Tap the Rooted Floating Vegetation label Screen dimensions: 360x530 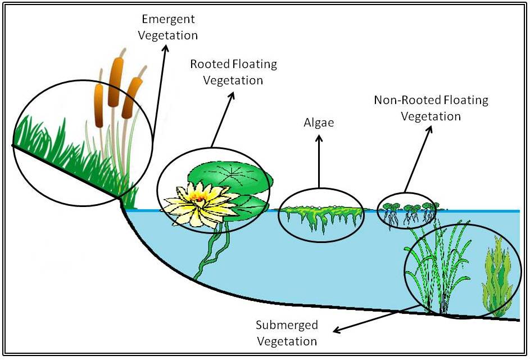pos(233,72)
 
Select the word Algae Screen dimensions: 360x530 pos(319,122)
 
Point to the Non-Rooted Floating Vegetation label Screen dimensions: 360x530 pos(431,109)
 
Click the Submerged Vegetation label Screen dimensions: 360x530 pos(287,333)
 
